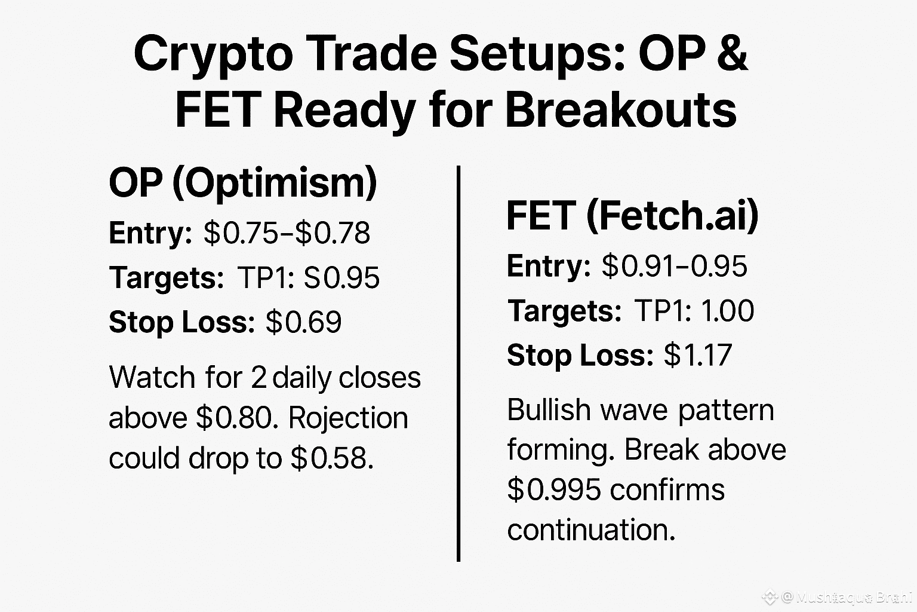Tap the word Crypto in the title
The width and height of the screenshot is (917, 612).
click(x=213, y=54)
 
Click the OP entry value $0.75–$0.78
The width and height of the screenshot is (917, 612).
click(x=287, y=233)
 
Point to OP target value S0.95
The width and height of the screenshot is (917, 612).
click(x=341, y=278)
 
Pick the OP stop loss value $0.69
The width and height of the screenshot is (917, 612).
click(x=304, y=322)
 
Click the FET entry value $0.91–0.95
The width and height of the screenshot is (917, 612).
click(x=674, y=267)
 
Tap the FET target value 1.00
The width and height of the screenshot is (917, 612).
click(x=727, y=311)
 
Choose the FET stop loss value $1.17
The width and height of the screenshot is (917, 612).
click(x=698, y=355)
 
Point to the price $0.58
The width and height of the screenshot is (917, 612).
click(x=332, y=458)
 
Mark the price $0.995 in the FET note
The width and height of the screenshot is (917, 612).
click(x=554, y=490)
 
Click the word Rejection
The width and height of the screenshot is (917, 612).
click(x=348, y=418)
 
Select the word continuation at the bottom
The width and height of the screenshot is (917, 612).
click(x=591, y=530)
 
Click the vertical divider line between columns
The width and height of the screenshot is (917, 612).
click(x=458, y=365)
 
